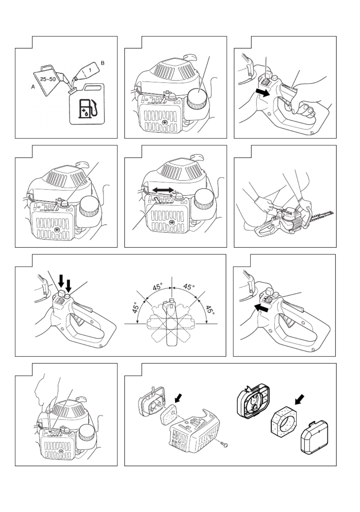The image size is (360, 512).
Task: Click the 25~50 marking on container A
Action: coord(48,79)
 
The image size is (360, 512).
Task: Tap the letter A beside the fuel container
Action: coord(33,87)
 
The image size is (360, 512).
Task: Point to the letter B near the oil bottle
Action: coord(103,63)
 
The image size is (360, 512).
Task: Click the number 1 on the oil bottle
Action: coord(90,70)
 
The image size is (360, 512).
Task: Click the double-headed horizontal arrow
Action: coord(163,189)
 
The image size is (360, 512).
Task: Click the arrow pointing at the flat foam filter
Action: coord(178,399)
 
